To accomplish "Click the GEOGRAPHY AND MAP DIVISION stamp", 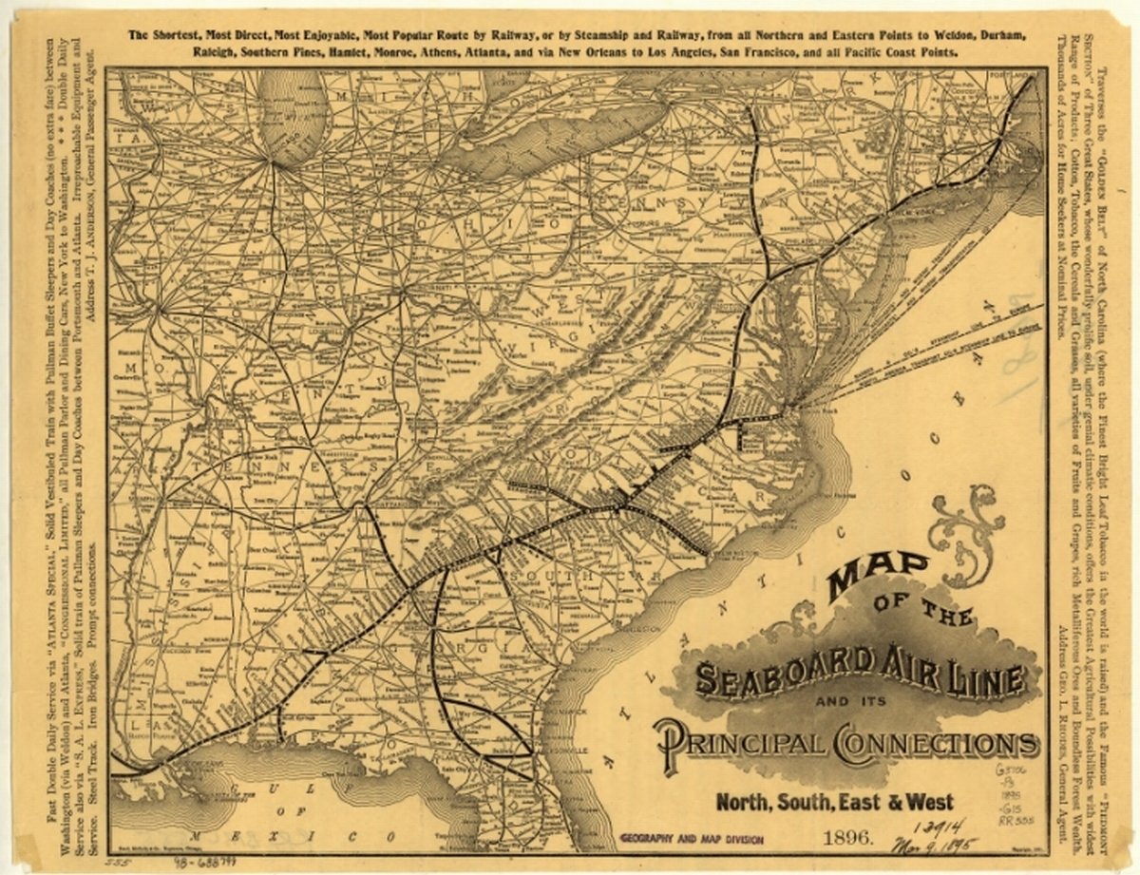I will [x=691, y=839].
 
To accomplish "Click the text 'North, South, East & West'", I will [x=834, y=801].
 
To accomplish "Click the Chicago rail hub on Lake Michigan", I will [x=273, y=162].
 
